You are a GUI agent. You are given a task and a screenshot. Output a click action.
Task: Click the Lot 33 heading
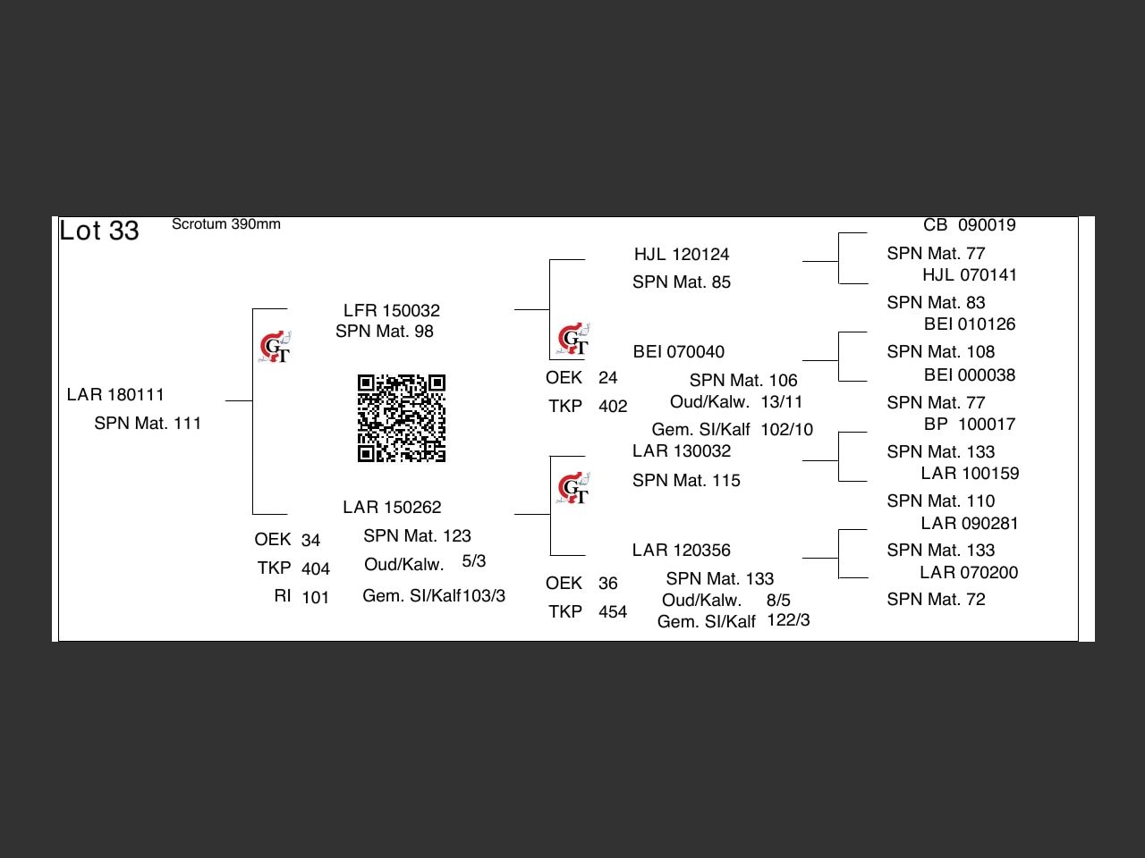[99, 231]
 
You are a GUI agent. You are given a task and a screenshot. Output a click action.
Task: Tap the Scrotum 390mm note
[226, 224]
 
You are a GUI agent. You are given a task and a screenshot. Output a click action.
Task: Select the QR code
[402, 418]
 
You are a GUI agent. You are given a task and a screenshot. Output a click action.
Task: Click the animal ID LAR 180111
[115, 394]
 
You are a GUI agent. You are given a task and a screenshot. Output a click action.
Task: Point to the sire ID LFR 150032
[392, 310]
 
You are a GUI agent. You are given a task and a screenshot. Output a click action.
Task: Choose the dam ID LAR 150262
[392, 507]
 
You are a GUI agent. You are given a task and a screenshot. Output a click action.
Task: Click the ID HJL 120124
[682, 254]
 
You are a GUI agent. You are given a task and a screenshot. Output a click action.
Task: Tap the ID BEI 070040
[679, 351]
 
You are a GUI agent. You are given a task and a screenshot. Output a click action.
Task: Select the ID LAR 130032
[682, 450]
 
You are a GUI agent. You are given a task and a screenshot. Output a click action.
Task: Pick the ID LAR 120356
[682, 550]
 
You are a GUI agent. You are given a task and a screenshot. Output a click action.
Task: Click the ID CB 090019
[970, 225]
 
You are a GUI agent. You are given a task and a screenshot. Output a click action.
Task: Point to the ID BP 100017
[970, 424]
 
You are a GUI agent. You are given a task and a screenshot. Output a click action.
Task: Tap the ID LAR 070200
[969, 572]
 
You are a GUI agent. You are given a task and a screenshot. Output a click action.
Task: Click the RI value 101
[316, 597]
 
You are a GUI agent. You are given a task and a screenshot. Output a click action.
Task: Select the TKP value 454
[613, 611]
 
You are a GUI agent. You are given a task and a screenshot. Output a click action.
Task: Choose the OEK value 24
[608, 377]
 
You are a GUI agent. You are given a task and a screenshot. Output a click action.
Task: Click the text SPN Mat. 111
[148, 423]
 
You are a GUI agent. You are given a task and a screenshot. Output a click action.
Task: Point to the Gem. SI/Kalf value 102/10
[787, 429]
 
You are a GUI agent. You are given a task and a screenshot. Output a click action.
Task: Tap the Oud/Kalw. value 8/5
[778, 600]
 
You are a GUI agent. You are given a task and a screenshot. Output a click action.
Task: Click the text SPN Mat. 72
[936, 599]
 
